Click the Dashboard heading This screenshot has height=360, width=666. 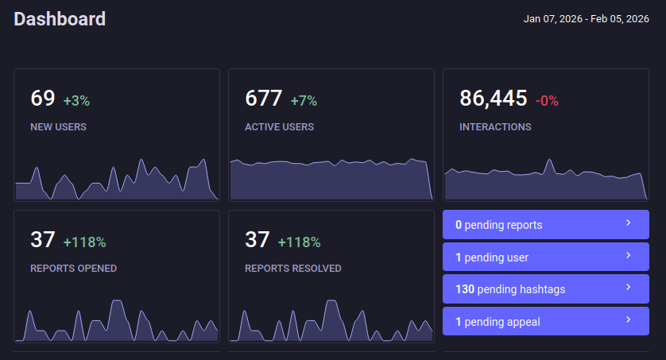60,19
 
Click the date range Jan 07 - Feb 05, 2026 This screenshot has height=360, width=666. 587,19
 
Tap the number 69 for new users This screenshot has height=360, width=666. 43,99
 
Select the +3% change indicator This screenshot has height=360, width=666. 76,101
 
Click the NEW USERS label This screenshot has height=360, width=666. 59,126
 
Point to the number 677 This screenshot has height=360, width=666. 264,99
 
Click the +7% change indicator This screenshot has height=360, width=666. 304,101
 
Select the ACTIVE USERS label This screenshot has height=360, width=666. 279,126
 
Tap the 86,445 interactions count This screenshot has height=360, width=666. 494,99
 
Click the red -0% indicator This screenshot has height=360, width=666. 547,101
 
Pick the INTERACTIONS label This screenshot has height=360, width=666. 495,126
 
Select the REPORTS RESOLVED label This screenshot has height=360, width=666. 293,268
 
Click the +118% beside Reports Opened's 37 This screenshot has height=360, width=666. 84,242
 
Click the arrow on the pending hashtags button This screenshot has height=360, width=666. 628,287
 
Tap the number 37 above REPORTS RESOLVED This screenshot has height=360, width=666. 257,240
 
